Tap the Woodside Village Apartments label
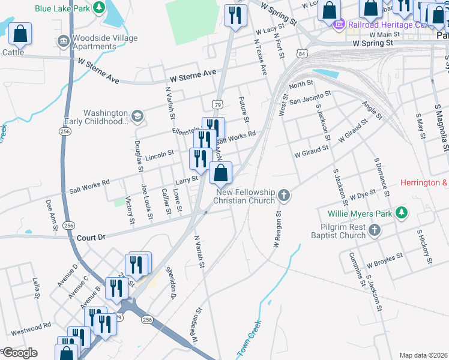tap(104, 42)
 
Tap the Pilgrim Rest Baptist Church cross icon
tap(374, 230)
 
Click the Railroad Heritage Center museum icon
tap(339, 25)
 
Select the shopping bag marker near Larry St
tap(221, 173)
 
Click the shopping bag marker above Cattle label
tap(20, 35)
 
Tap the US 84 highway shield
tap(301, 55)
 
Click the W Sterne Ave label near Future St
tap(193, 73)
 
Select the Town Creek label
tap(249, 340)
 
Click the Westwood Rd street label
tap(30, 328)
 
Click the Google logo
tap(19, 353)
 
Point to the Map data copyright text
tap(423, 355)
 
